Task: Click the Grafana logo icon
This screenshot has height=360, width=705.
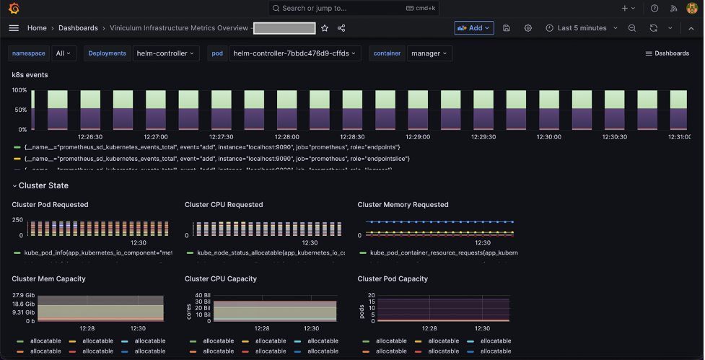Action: coord(14,8)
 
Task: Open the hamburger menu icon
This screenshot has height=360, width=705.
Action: coord(14,28)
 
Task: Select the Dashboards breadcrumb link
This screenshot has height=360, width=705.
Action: coord(78,28)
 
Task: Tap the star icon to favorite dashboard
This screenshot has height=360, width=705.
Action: coord(325,28)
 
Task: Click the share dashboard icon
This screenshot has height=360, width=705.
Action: coord(341,28)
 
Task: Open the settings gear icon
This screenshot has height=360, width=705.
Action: coord(528,28)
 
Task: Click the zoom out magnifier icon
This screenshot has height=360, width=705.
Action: coord(632,28)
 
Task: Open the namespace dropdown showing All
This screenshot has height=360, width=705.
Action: coord(65,53)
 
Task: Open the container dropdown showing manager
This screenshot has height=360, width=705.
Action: coord(429,53)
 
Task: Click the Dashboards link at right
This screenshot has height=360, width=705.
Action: coord(667,53)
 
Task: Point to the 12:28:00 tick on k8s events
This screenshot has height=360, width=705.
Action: coord(286,136)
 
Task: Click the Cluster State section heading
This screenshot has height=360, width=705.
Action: coord(43,185)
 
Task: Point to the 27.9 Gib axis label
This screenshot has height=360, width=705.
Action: coord(24,295)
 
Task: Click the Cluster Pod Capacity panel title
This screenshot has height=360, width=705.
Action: coord(393,278)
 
